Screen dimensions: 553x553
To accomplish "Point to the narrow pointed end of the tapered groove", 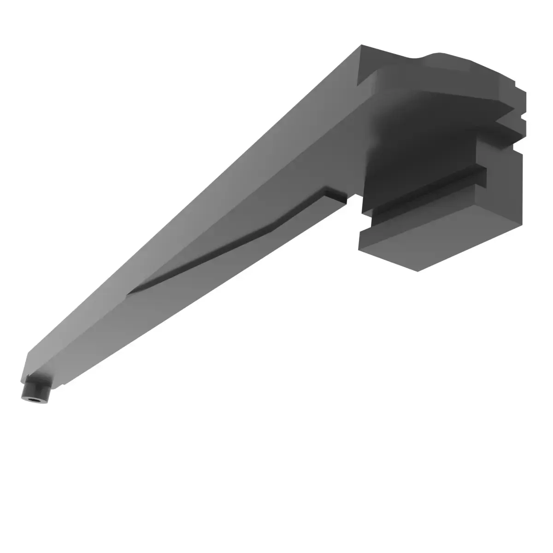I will [131, 291].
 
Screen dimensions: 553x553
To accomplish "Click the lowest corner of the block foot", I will [417, 271].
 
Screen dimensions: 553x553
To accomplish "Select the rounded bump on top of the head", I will [442, 58].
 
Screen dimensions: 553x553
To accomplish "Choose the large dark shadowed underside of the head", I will [415, 134].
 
